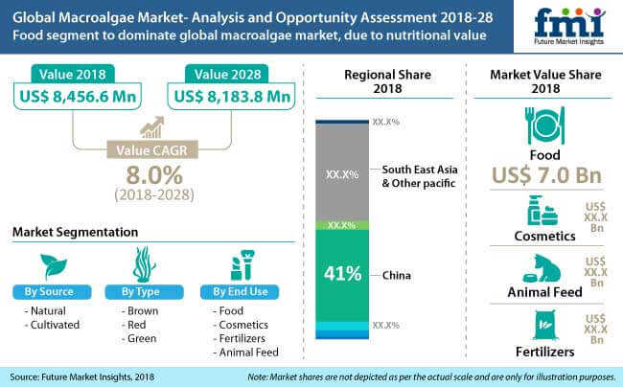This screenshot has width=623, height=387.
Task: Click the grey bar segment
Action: click(x=341, y=172)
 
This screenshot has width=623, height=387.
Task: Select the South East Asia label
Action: click(x=420, y=167)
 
